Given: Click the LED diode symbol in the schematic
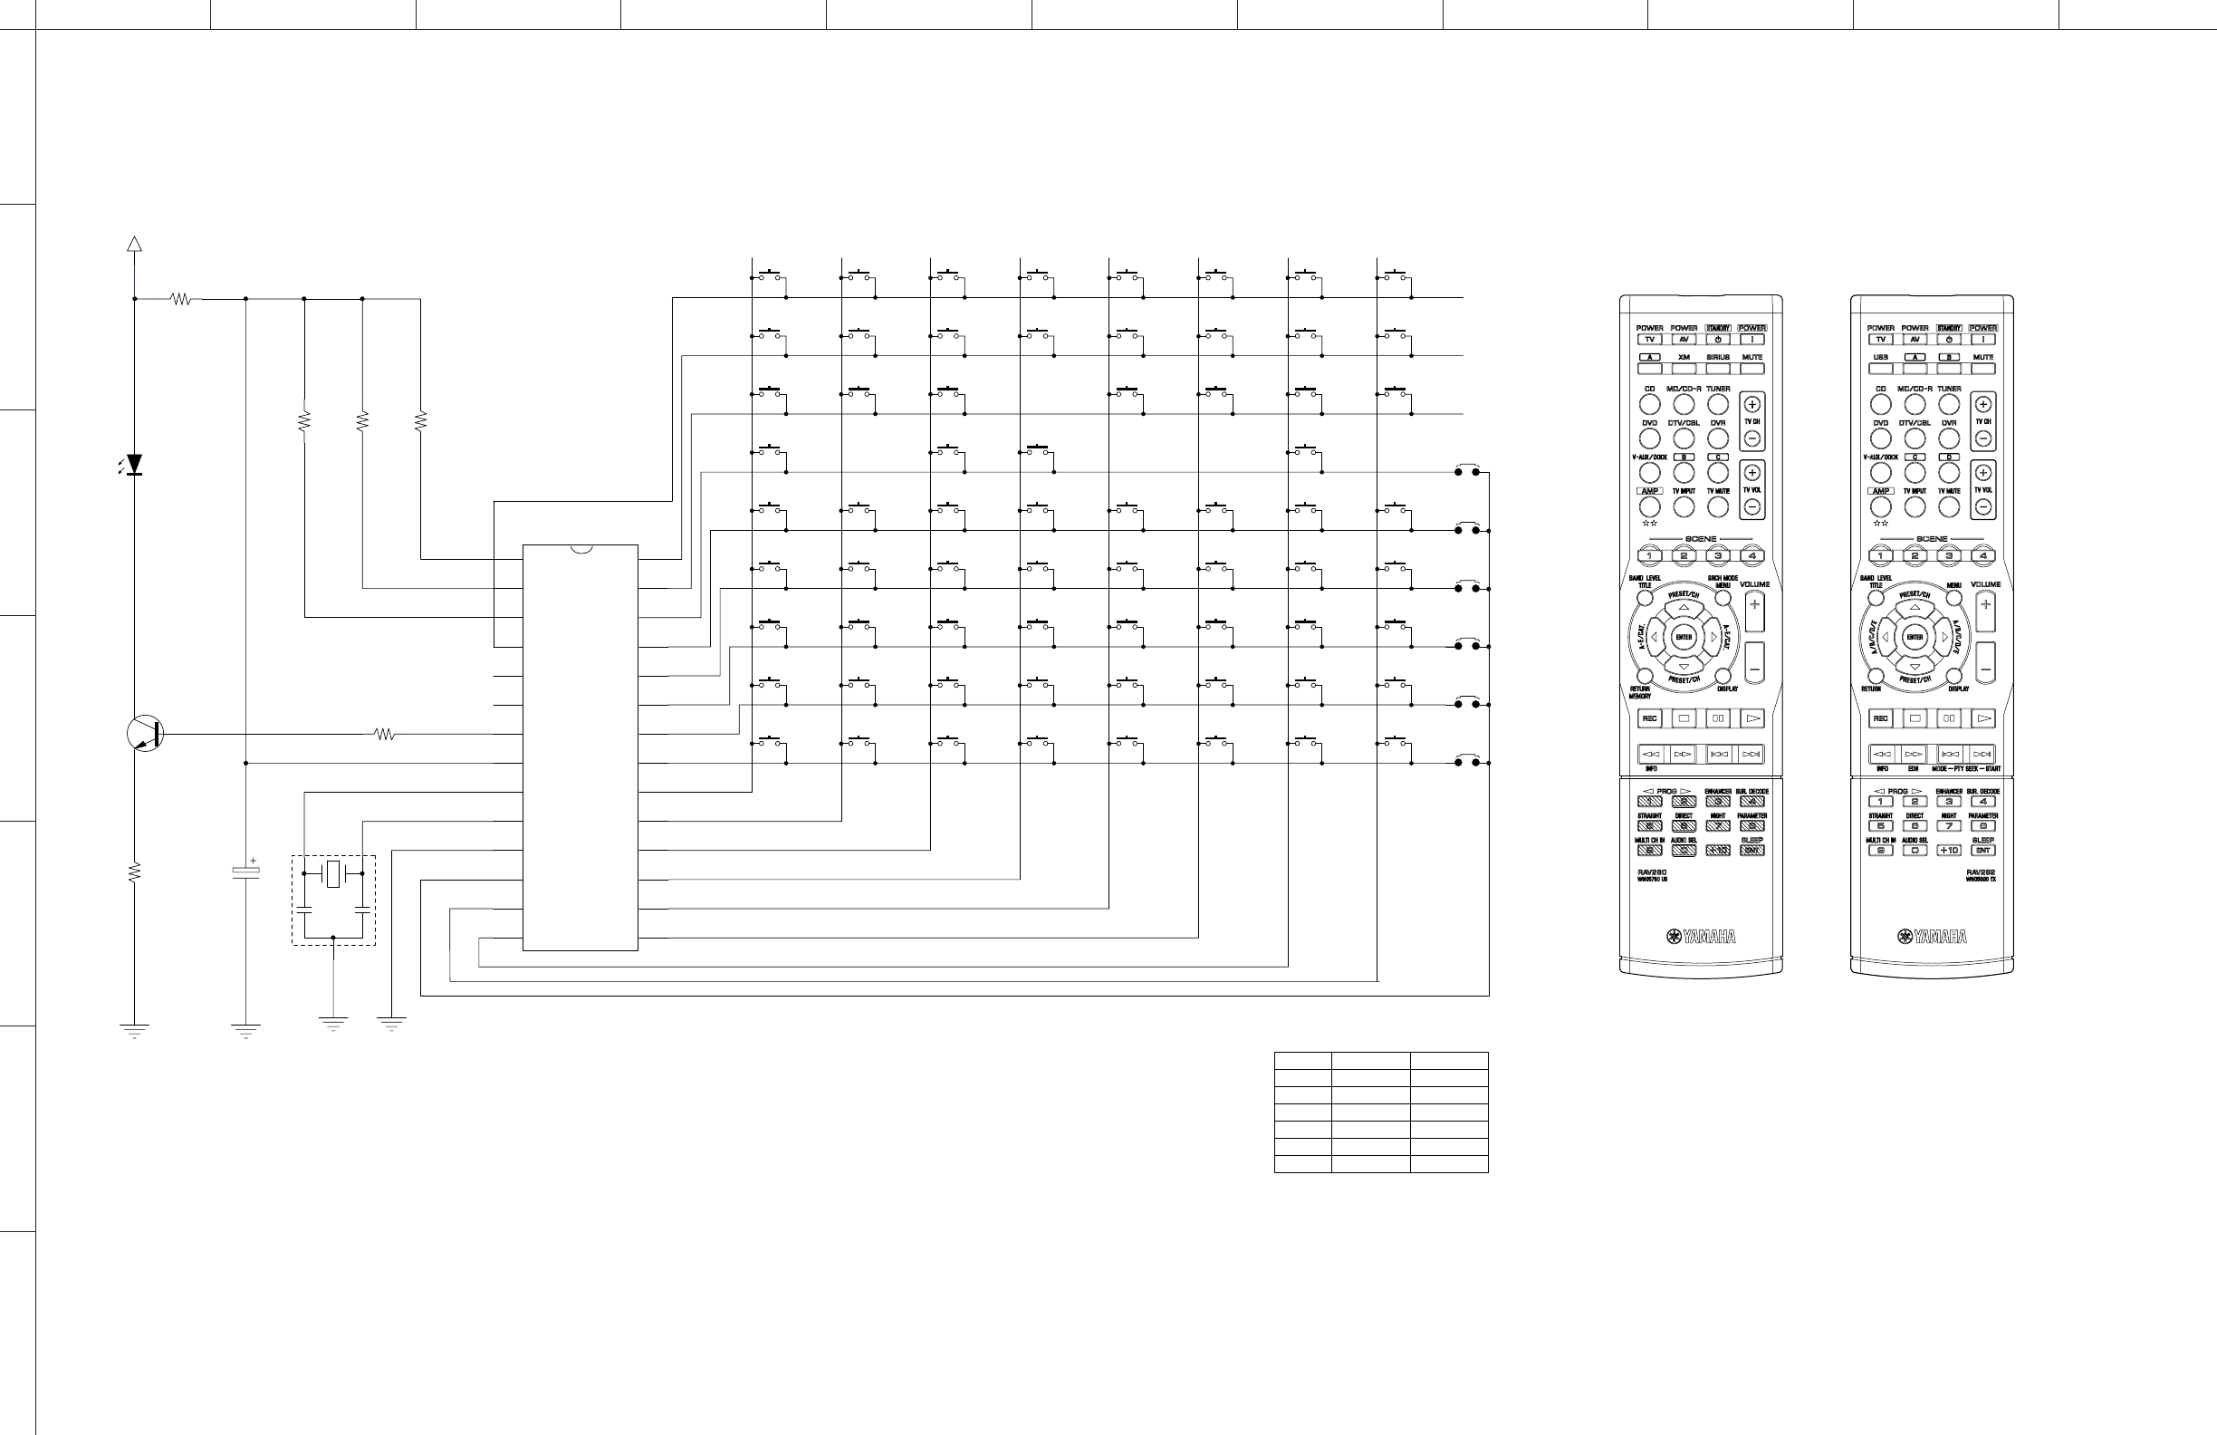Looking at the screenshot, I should coord(134,463).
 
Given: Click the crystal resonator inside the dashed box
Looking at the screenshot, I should coord(333,874).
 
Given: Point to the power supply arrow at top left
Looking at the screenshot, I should coord(134,244).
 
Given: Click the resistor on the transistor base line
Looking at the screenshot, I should coord(385,735).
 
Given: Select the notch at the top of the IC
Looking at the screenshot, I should coord(581,549).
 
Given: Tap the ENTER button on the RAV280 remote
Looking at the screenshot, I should coord(1684,638).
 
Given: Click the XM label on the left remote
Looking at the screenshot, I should coord(1684,357).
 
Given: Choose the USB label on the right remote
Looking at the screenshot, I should coord(1880,357).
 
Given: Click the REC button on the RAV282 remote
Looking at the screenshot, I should coord(1880,718).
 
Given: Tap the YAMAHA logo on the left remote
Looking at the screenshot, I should coord(1701,937).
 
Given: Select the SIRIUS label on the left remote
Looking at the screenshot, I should coord(1718,357).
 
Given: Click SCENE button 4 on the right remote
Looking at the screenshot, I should coord(1983,556).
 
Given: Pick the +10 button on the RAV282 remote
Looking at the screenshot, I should coord(1949,850).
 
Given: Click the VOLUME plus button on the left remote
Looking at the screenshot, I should coord(1754,605).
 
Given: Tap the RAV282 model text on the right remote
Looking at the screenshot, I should coord(1981,872).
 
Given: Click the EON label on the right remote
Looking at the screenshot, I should coord(1914,769).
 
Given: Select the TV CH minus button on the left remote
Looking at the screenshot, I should coord(1752,438).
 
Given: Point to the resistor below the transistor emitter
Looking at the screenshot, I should coord(134,872).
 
